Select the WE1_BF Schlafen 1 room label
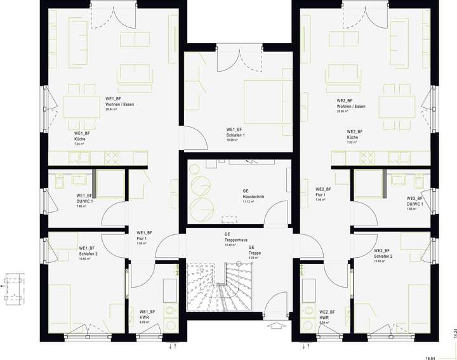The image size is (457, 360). tap(235, 135)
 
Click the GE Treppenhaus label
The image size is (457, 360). tap(235, 239)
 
